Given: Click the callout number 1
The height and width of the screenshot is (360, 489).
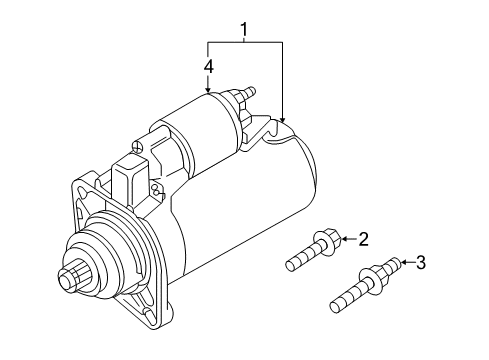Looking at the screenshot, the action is click(244, 30).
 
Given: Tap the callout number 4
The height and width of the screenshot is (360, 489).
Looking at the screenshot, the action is click(209, 66).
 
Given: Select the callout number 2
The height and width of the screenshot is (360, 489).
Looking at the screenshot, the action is click(363, 239).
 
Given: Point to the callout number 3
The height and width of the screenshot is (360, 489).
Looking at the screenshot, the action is click(421, 262).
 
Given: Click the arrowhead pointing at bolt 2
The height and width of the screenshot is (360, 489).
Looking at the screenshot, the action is click(344, 239).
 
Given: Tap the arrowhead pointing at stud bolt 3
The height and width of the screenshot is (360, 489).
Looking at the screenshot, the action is click(403, 262).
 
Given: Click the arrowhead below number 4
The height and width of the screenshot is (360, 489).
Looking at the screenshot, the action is click(208, 90).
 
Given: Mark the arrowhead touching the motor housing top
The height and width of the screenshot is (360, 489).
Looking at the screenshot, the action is click(282, 119).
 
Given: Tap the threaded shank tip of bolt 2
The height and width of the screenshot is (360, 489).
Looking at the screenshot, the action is click(289, 266).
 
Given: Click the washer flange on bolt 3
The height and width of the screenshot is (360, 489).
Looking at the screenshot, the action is click(370, 282).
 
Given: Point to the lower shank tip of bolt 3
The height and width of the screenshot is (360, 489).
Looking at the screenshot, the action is click(334, 307).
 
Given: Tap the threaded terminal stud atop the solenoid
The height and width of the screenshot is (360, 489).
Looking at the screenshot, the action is click(249, 91).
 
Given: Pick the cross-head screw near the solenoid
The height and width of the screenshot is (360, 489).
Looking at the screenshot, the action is click(137, 146).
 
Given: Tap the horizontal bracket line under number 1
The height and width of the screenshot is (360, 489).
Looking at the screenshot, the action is click(245, 42).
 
